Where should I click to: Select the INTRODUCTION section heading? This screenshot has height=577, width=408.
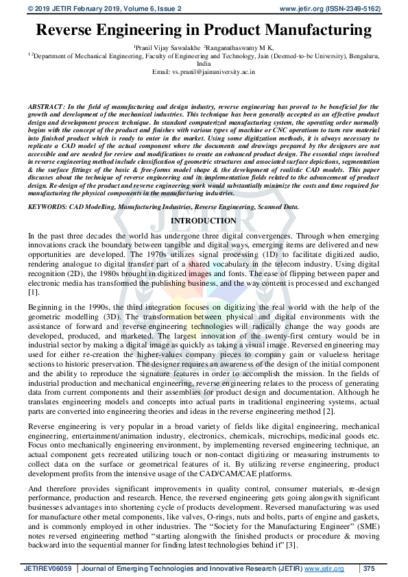point(203,221)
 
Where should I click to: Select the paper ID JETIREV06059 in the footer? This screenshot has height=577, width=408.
point(51,568)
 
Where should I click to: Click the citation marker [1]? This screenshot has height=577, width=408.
point(33,292)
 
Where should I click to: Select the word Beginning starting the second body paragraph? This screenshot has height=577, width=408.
point(47,304)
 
